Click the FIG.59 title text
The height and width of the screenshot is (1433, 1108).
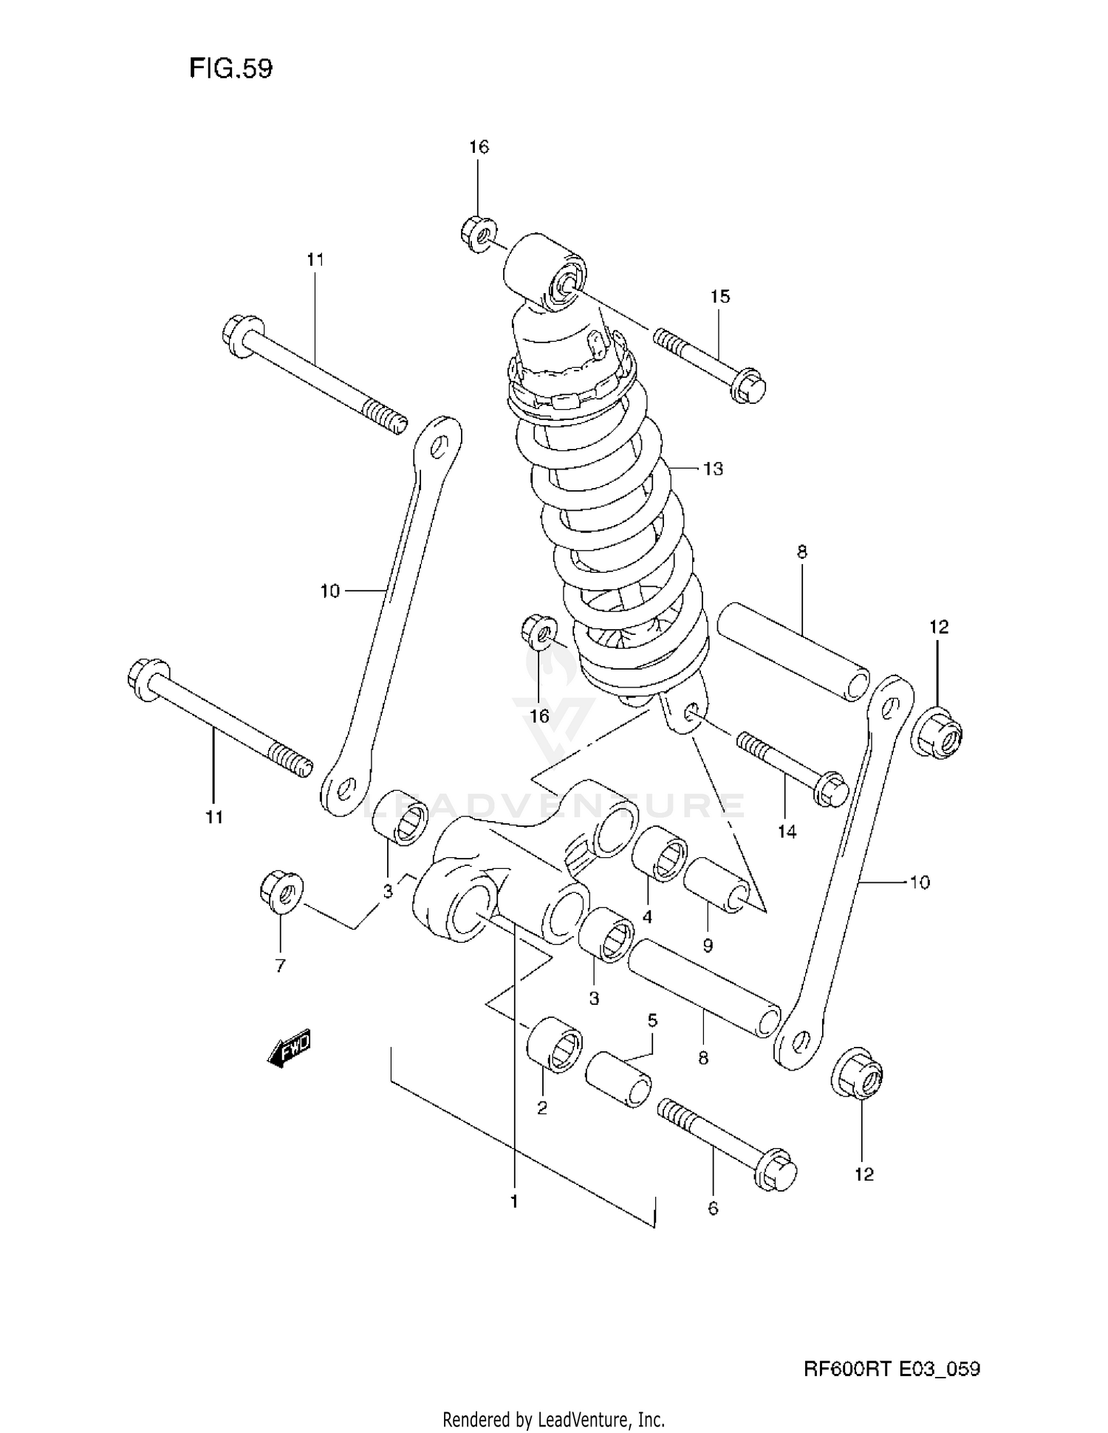coord(230,68)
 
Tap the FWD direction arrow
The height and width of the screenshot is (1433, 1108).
coord(290,1047)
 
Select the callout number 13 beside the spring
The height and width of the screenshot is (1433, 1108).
coord(713,469)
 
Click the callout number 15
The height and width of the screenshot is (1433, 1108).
coord(719,296)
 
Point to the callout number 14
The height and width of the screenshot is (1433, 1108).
coord(787,832)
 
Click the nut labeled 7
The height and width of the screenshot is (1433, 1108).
coord(280,892)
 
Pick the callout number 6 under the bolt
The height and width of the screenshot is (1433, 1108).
coord(712,1209)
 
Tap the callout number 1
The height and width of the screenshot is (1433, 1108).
coord(514,1202)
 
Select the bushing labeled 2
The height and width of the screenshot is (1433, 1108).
coord(555,1042)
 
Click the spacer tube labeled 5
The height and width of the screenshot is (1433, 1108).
coord(618,1079)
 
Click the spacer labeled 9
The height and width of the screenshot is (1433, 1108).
coord(716,885)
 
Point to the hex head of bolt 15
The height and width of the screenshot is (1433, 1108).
coord(749,386)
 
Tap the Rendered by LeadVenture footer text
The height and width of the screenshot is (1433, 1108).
coord(553,1419)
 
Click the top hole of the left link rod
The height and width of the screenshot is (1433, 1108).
coord(438,445)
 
